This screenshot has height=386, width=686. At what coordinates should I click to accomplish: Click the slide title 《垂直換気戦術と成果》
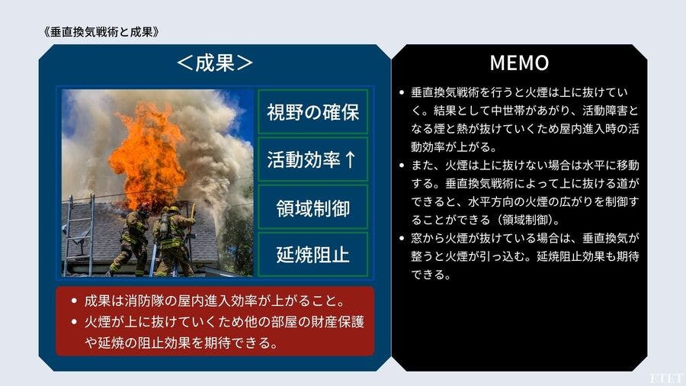click(101, 32)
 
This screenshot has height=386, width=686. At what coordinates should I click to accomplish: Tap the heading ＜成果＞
click(215, 63)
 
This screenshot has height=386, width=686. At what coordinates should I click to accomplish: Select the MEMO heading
click(519, 63)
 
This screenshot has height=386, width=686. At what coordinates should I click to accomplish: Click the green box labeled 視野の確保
click(313, 111)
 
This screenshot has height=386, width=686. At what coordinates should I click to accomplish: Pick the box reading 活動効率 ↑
click(313, 159)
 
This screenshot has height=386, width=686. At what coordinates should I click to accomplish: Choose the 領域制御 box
click(313, 207)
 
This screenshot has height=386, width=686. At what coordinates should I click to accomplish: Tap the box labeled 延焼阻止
click(313, 255)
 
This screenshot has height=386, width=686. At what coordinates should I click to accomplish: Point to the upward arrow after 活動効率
click(350, 159)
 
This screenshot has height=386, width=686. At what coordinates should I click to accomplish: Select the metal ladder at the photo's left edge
click(79, 234)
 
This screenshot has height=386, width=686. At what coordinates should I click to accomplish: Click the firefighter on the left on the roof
click(131, 241)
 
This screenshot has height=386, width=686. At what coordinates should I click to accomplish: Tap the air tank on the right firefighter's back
click(165, 224)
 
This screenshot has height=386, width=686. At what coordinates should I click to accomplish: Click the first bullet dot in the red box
click(74, 301)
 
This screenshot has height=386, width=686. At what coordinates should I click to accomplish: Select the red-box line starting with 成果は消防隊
click(214, 301)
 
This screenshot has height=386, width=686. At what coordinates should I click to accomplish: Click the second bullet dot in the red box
click(74, 322)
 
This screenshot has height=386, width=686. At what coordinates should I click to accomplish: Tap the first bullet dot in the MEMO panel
click(402, 92)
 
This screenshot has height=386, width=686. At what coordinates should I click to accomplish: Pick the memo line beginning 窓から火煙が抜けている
click(525, 238)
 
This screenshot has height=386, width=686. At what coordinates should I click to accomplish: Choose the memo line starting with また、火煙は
click(525, 166)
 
